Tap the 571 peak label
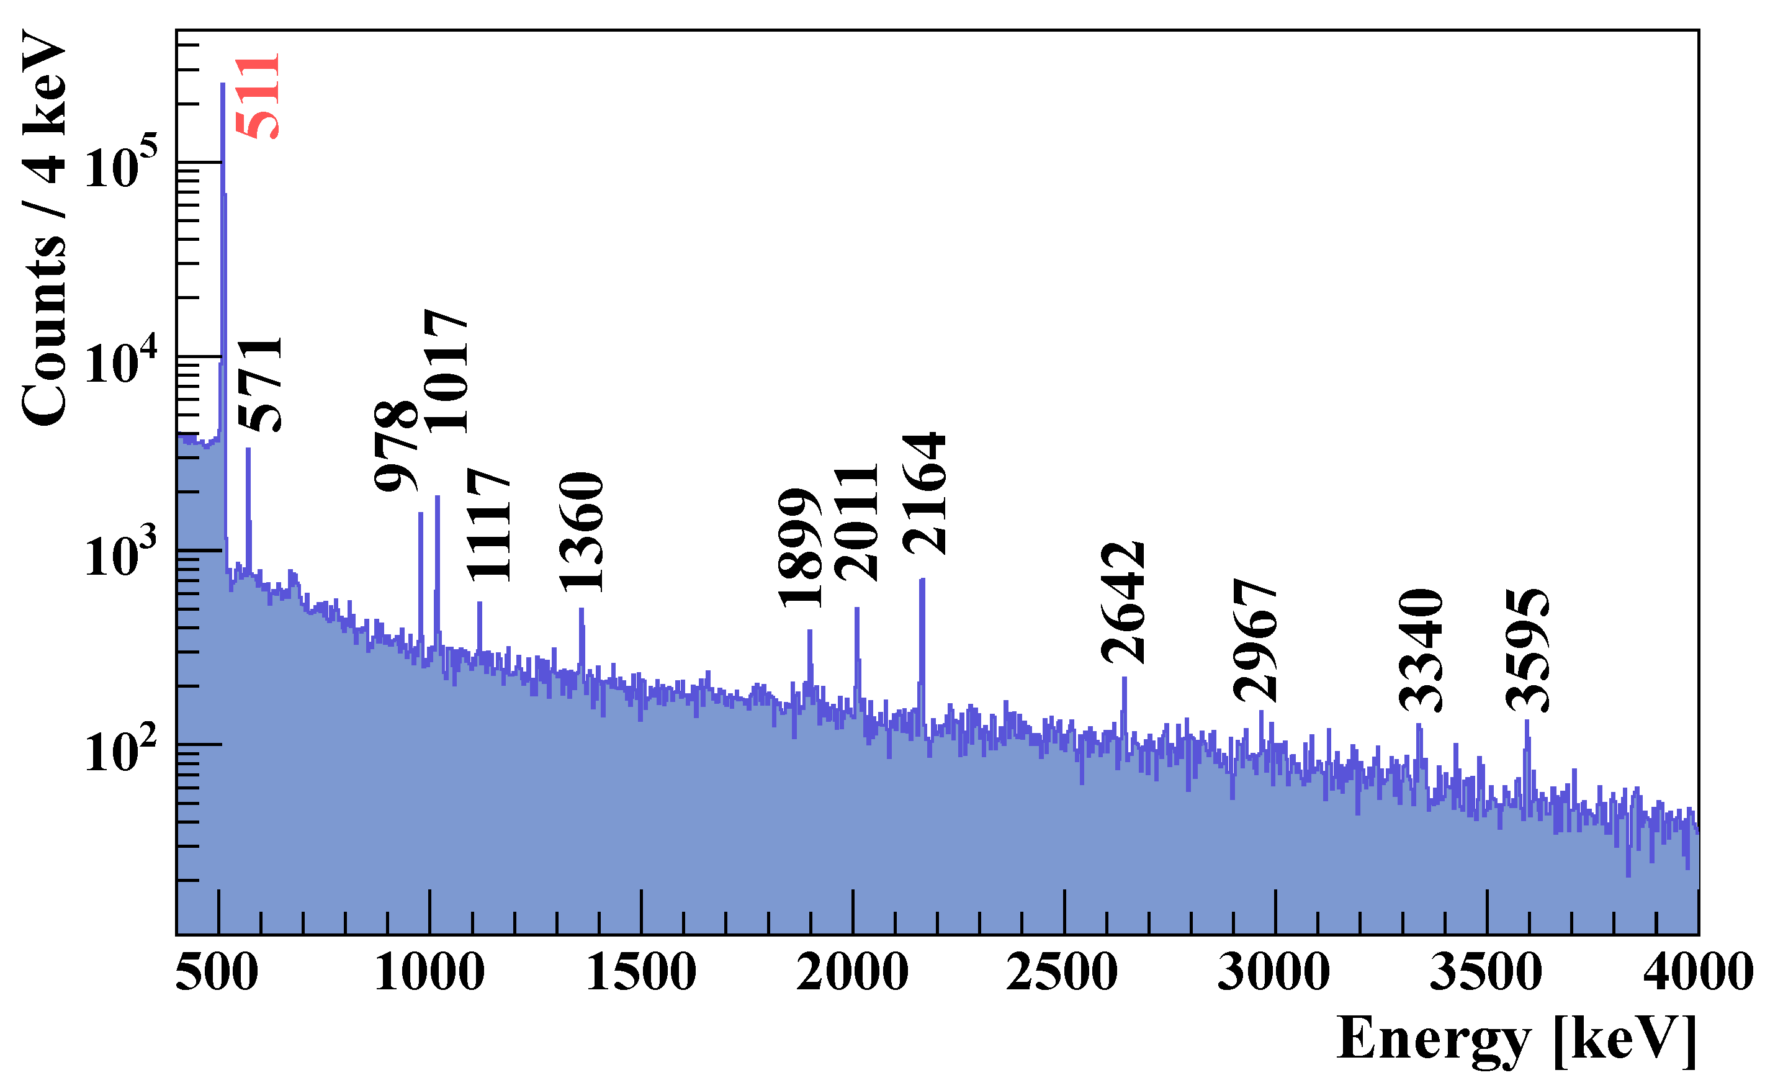click(261, 385)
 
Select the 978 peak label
click(397, 447)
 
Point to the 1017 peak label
click(447, 371)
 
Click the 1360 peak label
click(582, 533)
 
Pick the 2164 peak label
click(925, 495)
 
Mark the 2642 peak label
click(1123, 603)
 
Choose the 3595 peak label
click(1527, 650)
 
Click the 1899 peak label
click(800, 548)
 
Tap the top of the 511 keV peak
click(223, 85)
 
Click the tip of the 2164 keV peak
click(922, 580)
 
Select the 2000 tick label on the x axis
click(853, 973)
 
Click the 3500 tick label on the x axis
click(1486, 973)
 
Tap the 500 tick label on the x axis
click(217, 973)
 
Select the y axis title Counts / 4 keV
click(45, 229)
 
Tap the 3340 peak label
click(1421, 650)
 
